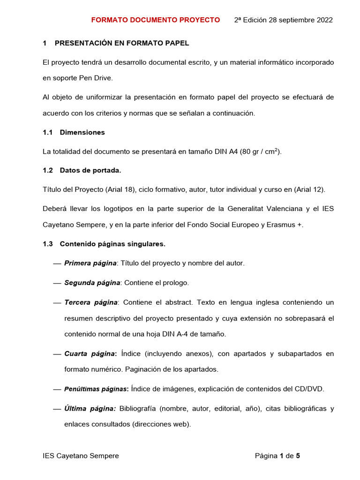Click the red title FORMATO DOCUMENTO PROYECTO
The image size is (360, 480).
click(x=155, y=20)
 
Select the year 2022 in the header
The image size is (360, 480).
click(x=324, y=20)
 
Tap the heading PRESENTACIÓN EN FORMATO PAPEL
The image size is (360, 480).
click(x=122, y=43)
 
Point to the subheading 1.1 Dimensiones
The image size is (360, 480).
click(x=74, y=132)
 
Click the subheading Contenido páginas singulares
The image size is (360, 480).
click(x=112, y=244)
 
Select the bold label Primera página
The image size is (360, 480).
click(x=90, y=263)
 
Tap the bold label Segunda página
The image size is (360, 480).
click(x=92, y=283)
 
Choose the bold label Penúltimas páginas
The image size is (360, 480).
click(x=96, y=389)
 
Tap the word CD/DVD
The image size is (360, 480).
click(x=307, y=389)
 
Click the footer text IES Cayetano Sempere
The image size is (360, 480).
click(x=81, y=456)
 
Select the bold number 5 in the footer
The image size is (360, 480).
click(x=298, y=456)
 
